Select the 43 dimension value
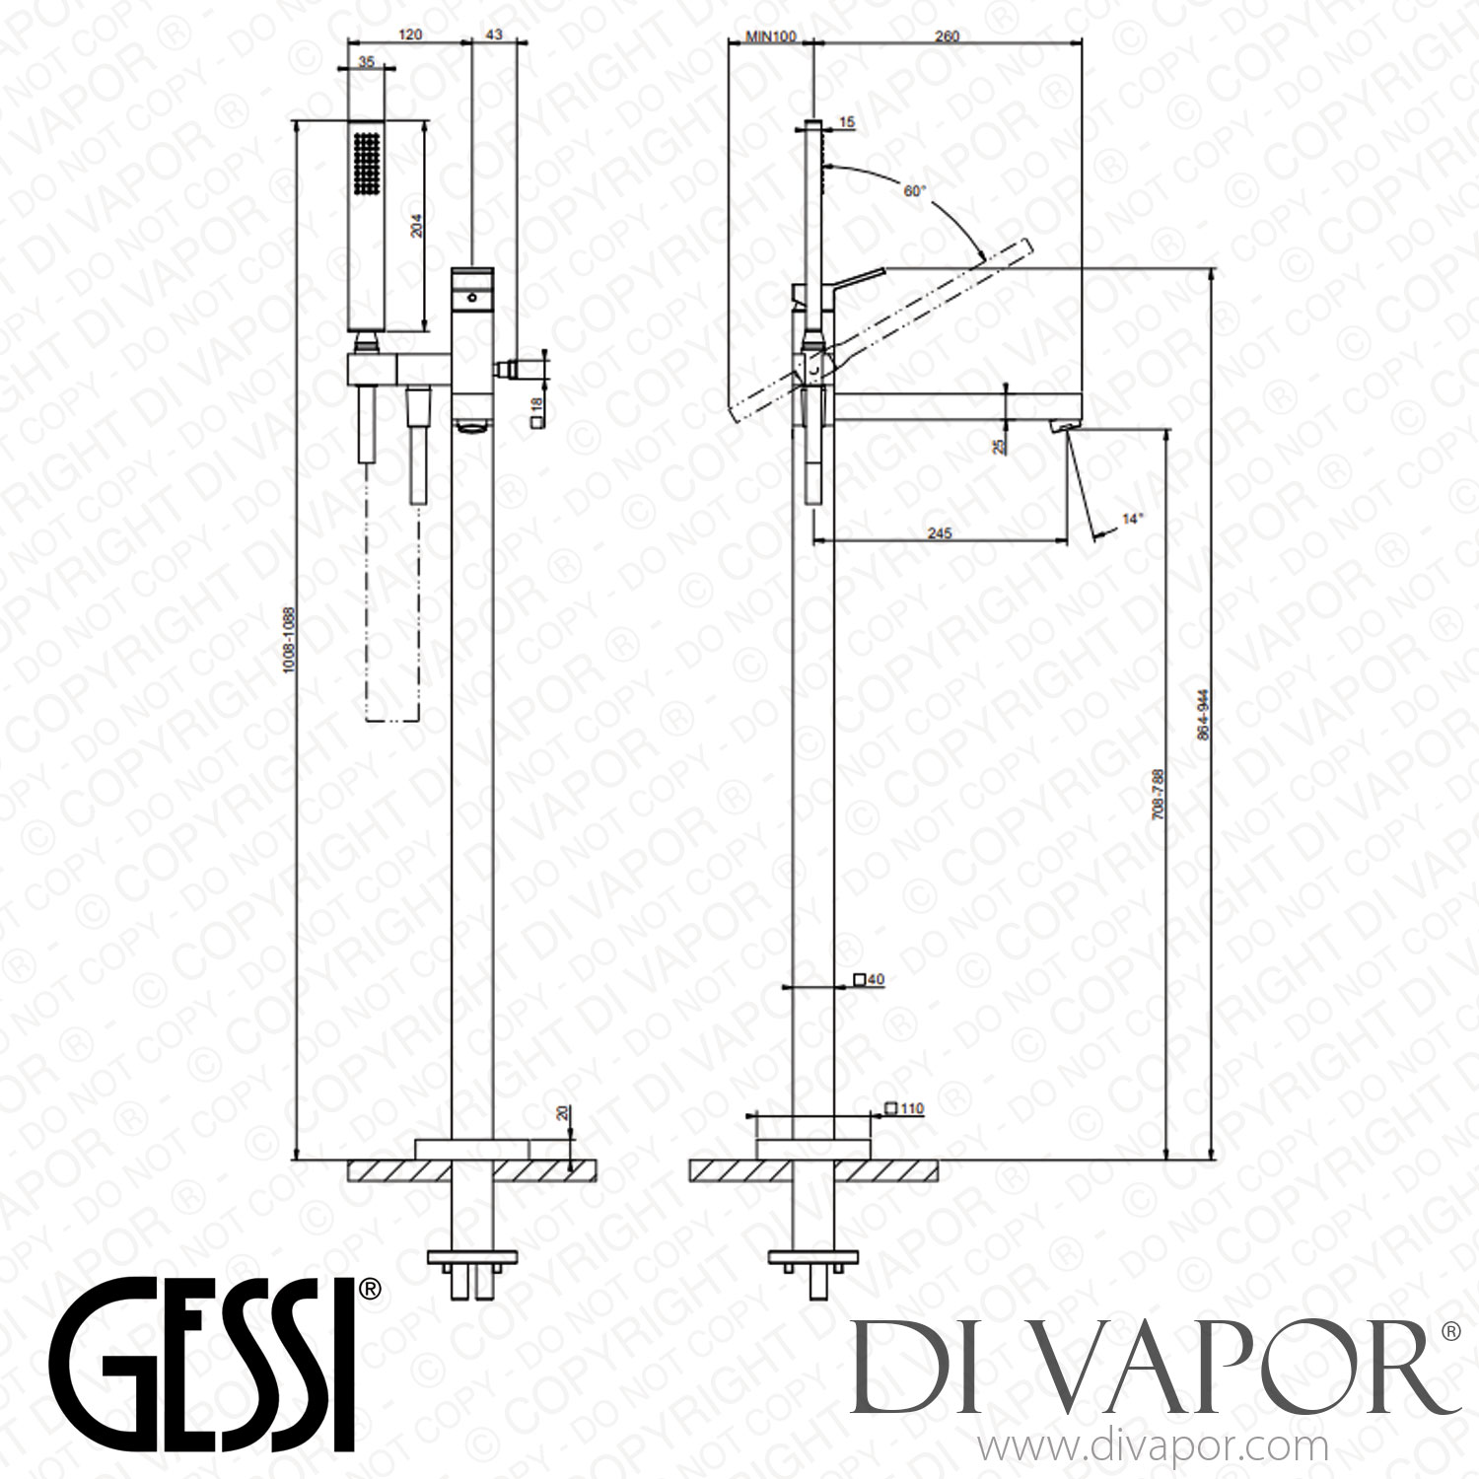tap(494, 35)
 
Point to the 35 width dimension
tap(367, 61)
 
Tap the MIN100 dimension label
tap(770, 36)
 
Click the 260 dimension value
tap(945, 36)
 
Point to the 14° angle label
tap(1133, 517)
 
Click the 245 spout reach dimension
tap(939, 533)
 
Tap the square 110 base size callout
tap(904, 1108)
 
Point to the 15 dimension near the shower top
tap(847, 122)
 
